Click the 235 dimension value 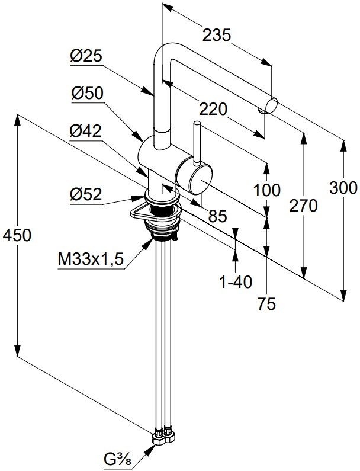point(217,36)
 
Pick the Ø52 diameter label point(86,194)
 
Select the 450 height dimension point(17,235)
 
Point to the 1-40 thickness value point(236,283)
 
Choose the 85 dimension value point(217,217)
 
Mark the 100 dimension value point(267,191)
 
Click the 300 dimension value point(344,188)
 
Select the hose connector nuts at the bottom point(163,437)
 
